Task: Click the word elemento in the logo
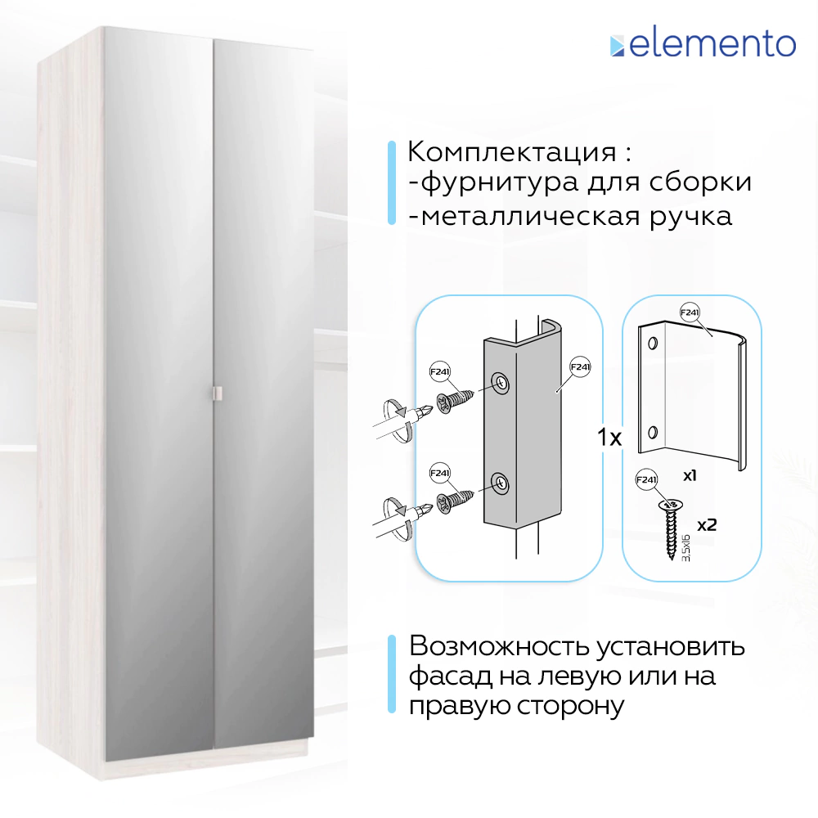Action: [712, 44]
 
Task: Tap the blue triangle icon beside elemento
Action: [617, 46]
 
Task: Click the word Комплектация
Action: [512, 152]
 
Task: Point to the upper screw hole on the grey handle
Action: [499, 382]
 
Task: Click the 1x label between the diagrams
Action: [609, 438]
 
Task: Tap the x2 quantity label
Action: [706, 524]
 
